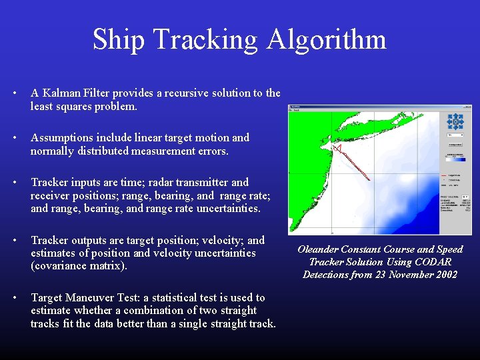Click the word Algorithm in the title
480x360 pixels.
[327, 39]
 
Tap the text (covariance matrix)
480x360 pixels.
[77, 266]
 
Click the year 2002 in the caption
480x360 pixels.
[443, 275]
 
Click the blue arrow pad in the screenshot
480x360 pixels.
[455, 121]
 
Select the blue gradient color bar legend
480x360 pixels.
[455, 159]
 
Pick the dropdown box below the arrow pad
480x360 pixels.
[455, 134]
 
